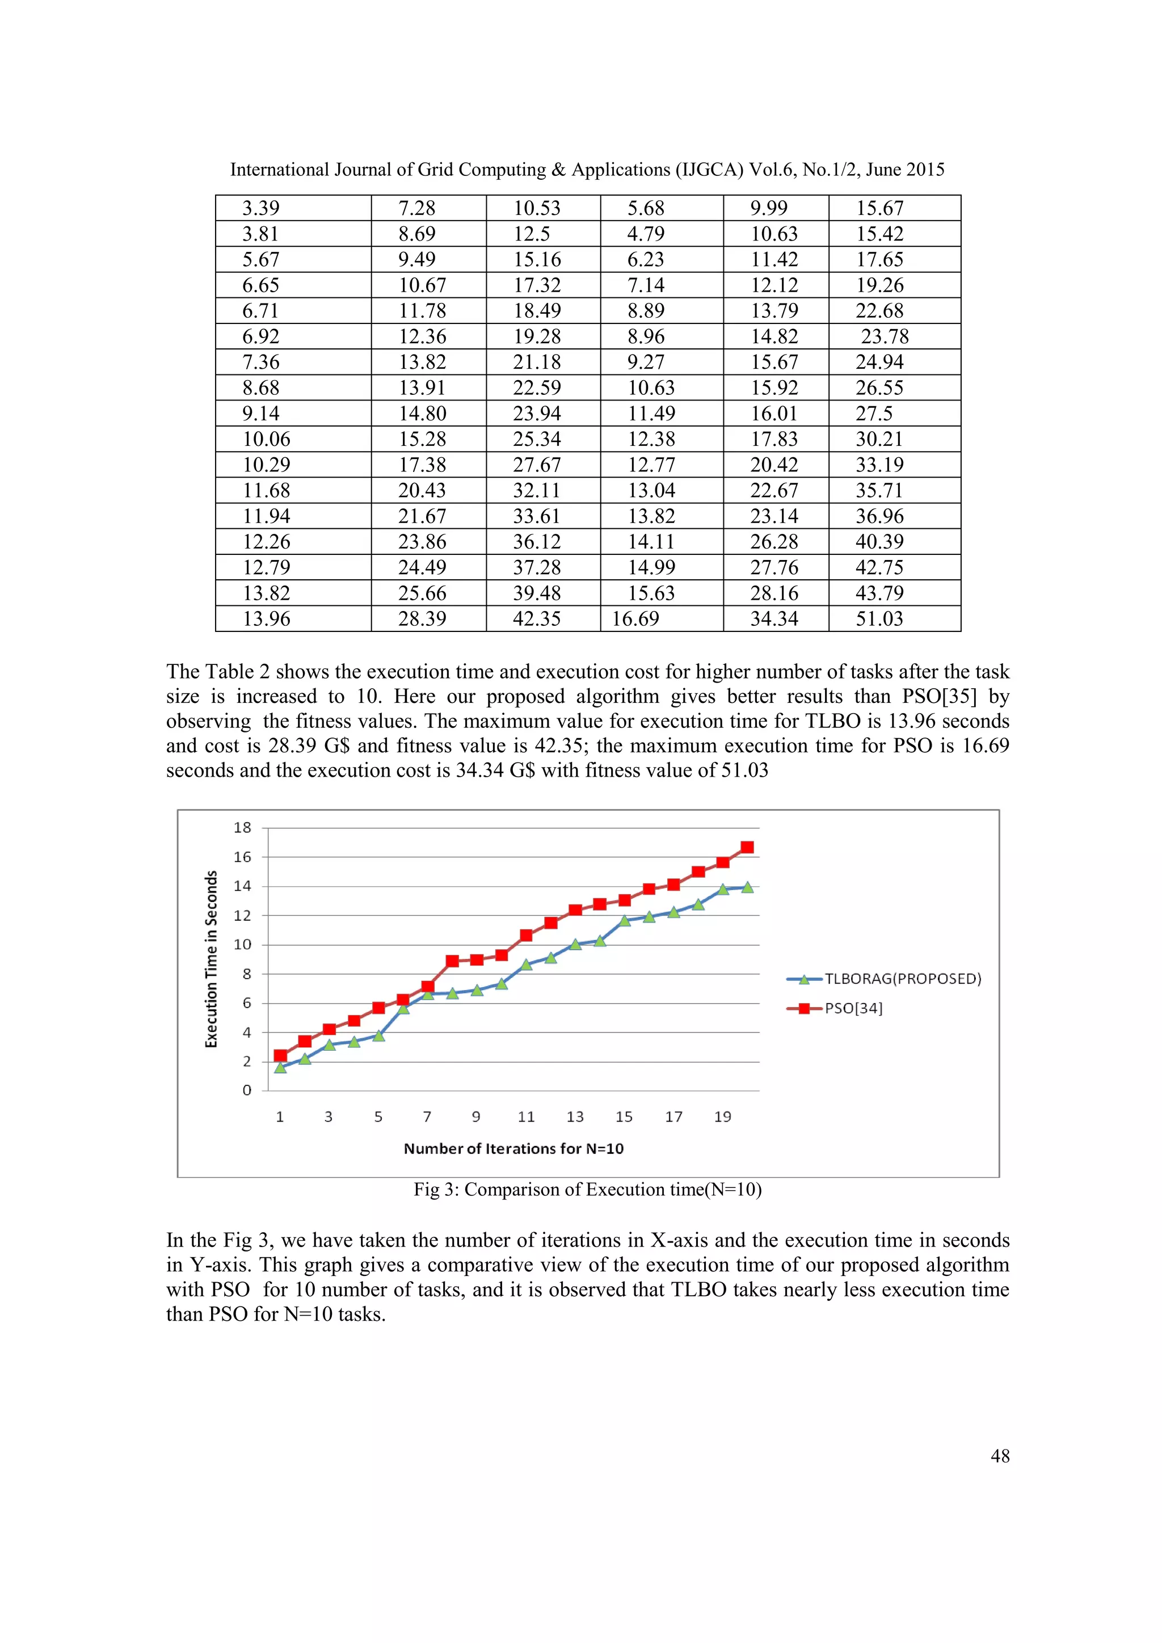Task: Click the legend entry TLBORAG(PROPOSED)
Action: [x=902, y=979]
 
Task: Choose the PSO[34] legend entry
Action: [x=853, y=1008]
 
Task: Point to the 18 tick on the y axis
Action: [x=243, y=828]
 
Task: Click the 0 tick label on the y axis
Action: [x=247, y=1090]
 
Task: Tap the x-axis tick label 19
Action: [x=723, y=1117]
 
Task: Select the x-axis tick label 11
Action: [x=526, y=1117]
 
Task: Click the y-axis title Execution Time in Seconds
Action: [x=211, y=959]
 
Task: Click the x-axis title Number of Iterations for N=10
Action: [x=513, y=1148]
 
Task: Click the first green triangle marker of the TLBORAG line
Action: [x=280, y=1068]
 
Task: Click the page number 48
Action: [x=1000, y=1456]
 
